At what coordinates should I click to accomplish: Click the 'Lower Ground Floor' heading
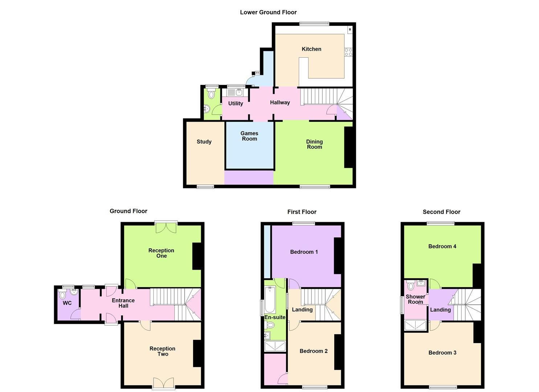point(268,12)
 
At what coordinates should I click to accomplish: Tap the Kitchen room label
point(311,49)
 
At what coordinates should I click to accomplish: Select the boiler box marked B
point(350,29)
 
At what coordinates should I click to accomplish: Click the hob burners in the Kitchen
point(348,52)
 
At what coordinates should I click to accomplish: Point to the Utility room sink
point(239,92)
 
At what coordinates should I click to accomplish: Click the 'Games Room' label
point(249,136)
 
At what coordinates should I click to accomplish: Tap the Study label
point(204,142)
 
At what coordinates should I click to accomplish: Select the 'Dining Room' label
point(314,144)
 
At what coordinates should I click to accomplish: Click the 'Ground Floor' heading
point(128,211)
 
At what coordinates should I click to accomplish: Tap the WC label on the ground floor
point(67,303)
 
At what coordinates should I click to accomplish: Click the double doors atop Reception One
point(166,227)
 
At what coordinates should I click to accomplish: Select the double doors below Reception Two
point(163,383)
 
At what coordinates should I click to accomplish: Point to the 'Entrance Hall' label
point(123,303)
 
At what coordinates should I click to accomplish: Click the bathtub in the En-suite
point(270,300)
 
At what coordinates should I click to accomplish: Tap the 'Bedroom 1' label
point(304,252)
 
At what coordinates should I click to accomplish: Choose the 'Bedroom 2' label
point(314,351)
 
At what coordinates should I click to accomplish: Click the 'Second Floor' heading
point(441,212)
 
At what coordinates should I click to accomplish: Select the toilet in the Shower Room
point(411,286)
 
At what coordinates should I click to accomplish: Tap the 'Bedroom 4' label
point(442,246)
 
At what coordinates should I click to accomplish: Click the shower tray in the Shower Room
point(416,325)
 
